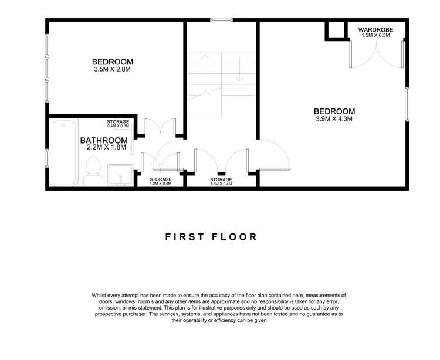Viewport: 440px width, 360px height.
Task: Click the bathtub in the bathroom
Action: pos(65,153)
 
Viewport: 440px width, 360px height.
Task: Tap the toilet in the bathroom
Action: pos(93,171)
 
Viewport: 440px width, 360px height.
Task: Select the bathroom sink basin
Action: pos(120,175)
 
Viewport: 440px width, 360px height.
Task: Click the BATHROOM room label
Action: pos(104,140)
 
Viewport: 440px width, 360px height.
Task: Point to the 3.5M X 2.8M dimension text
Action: pos(113,69)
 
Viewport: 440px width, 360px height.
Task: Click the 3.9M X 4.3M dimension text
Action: pos(334,118)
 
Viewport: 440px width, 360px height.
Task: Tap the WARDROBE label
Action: pos(375,30)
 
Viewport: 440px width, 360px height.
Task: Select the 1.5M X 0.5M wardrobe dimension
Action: pos(375,35)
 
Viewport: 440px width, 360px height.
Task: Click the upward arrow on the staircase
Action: pos(205,67)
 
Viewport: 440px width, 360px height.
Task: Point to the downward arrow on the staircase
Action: pos(239,69)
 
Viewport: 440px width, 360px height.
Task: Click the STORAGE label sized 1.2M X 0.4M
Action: pos(161,179)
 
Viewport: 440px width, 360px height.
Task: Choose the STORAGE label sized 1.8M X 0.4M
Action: pos(221,179)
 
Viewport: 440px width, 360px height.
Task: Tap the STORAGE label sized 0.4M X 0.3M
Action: pos(118,122)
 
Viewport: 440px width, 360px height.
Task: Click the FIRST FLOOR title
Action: pos(211,237)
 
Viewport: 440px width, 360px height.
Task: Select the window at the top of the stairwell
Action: pos(221,20)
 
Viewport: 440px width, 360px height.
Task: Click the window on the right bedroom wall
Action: pos(407,104)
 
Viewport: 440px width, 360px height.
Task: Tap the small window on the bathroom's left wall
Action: pos(47,158)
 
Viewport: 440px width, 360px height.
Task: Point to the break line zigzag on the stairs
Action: pos(207,93)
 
